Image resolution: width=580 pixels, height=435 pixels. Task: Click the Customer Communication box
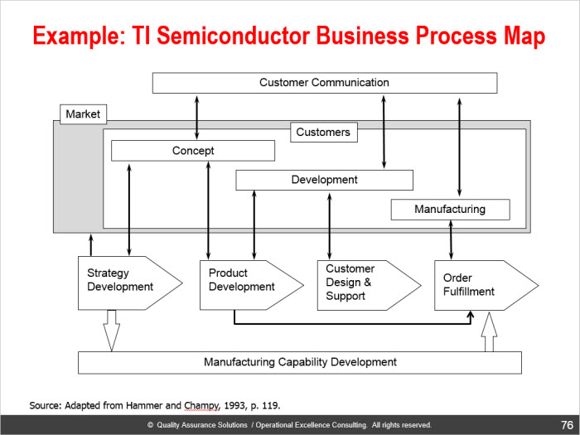[x=325, y=83]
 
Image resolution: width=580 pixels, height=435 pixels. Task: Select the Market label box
[x=83, y=114]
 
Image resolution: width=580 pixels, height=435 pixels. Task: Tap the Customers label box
[x=324, y=132]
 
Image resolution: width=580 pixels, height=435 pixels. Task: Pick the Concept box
[x=193, y=151]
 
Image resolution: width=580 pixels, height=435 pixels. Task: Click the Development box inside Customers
[x=325, y=180]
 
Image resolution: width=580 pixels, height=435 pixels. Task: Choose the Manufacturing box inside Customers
[x=450, y=210]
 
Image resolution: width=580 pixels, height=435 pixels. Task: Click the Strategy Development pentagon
[x=130, y=283]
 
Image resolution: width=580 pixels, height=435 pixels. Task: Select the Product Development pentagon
[x=252, y=285]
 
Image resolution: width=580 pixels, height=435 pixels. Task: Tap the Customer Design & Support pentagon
[x=369, y=285]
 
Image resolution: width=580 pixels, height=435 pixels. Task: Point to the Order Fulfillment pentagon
[x=486, y=285]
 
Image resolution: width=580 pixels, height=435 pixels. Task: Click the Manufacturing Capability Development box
[x=300, y=363]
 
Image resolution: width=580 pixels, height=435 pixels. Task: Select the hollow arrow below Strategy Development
[x=111, y=331]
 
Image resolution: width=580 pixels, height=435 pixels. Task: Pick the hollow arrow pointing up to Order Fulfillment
[x=489, y=331]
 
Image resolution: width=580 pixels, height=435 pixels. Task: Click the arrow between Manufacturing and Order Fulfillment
[x=451, y=239]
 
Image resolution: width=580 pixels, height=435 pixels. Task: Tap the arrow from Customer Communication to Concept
[x=197, y=118]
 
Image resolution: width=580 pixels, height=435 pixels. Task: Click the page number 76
[x=567, y=425]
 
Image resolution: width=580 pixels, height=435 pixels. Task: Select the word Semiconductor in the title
[x=233, y=36]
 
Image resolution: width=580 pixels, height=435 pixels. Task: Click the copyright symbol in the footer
[x=151, y=425]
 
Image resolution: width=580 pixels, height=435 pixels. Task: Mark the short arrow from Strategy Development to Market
[x=91, y=244]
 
